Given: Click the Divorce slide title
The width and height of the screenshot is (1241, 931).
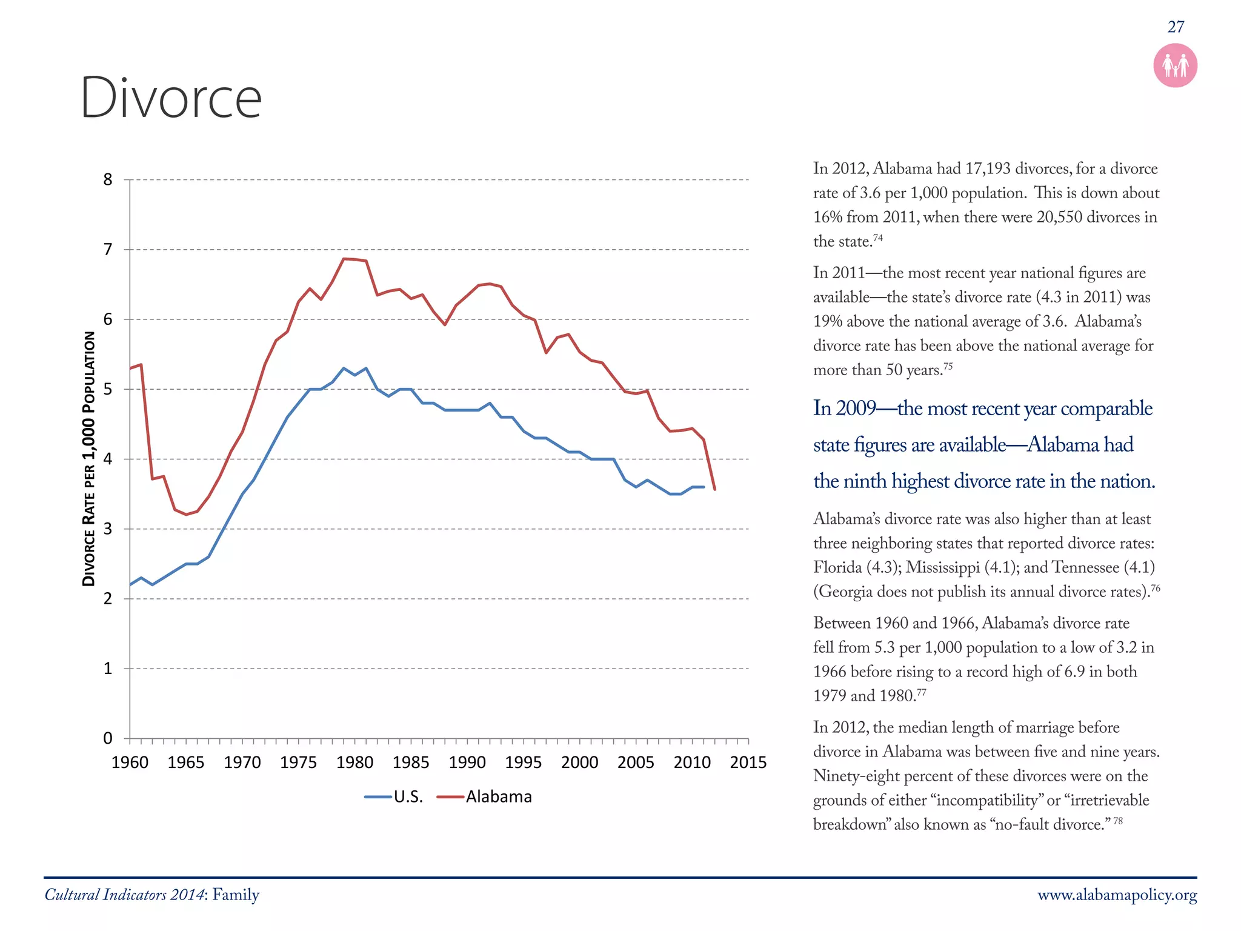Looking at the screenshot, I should pos(171,98).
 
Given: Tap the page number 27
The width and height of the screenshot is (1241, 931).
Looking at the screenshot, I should pos(1175,27).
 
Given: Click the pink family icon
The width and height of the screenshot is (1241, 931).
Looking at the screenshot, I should pos(1175,65).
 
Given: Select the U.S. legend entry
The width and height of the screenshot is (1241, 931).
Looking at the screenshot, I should pos(394,796).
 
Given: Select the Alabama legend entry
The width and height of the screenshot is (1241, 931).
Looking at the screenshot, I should pos(485,796).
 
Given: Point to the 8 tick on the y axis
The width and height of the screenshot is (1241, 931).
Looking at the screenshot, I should pos(108,179).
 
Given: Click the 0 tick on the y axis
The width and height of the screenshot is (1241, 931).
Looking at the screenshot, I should pos(108,738).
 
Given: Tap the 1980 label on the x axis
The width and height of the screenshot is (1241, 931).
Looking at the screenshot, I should pos(354,762).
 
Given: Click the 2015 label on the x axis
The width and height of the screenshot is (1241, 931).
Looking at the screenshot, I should pos(748,762).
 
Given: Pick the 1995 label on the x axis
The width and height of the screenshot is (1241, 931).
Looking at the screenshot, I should pos(523,762).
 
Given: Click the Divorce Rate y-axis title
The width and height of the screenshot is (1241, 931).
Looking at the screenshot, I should pos(89,459).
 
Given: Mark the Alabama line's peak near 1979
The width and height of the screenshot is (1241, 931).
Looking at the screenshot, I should pos(344,259).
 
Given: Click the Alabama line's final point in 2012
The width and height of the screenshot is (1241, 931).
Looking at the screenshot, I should pos(715,489).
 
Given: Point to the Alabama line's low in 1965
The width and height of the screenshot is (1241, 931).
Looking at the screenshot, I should pos(186,515).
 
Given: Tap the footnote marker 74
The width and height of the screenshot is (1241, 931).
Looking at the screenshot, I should pos(877,238).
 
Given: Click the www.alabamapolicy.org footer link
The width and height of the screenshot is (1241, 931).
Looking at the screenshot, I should pos(1117,895).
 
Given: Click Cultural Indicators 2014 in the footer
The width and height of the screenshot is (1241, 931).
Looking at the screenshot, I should pos(124,895).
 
